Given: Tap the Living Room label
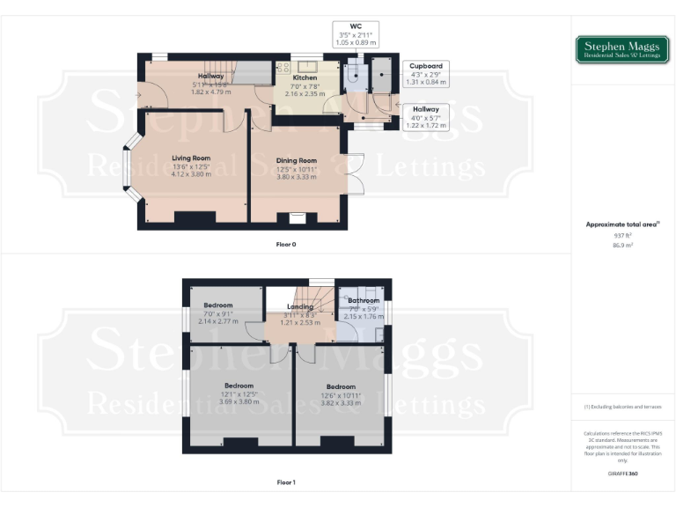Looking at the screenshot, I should tap(191, 158).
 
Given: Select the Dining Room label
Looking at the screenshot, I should tap(295, 161).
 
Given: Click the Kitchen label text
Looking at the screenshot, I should tap(292, 77).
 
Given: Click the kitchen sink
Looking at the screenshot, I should tap(308, 66).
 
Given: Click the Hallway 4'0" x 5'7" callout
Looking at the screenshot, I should tap(426, 116).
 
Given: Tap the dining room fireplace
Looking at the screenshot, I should tap(297, 217).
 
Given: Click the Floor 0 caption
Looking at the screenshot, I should tap(286, 243).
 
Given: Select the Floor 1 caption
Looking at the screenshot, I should tap(286, 482).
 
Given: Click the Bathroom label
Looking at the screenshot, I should tap(364, 301).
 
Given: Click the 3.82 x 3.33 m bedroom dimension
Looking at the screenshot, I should tap(342, 402).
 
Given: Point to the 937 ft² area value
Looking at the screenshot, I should tap(622, 236).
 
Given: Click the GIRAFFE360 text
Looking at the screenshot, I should tap(622, 474).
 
